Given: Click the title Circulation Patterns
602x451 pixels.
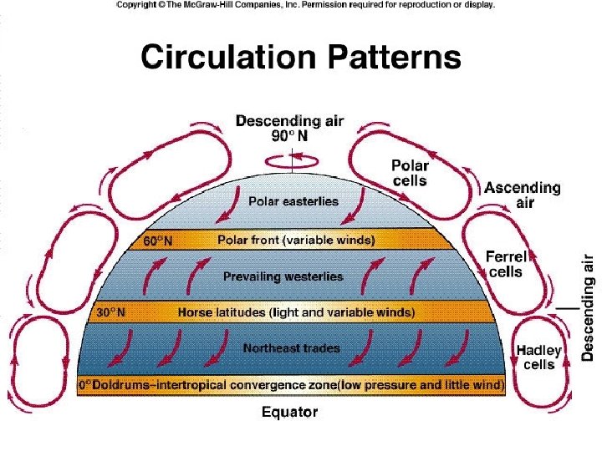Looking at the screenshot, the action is (301, 58).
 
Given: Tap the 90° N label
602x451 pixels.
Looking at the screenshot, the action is (289, 137).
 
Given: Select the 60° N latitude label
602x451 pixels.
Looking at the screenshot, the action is (157, 241).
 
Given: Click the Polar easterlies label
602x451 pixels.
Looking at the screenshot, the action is (293, 201).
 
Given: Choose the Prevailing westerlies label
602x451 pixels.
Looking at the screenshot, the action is (283, 276).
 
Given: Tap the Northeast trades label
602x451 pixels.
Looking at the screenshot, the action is (291, 347).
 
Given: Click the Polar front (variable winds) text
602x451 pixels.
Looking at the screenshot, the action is (296, 241).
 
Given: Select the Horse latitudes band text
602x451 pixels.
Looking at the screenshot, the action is (296, 313).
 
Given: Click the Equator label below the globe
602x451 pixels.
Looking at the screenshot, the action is (289, 413).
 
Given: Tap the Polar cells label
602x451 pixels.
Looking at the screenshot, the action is (410, 173).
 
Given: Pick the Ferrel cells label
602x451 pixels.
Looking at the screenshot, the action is (505, 264).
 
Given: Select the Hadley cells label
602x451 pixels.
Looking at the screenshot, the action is (538, 357).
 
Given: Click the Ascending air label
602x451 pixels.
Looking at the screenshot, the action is (522, 195).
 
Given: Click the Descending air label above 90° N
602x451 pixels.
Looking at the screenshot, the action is (289, 122).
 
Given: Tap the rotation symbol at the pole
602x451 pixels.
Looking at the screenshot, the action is (291, 157).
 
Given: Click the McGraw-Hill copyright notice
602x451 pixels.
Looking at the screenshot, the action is (304, 5).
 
